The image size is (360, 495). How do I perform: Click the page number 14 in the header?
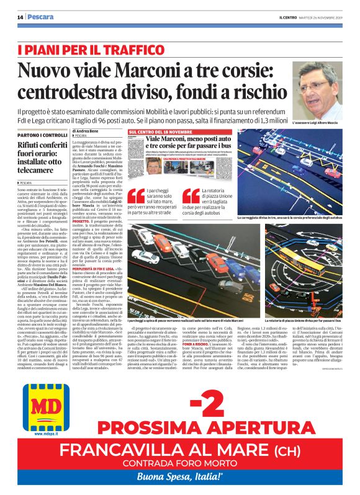(x=20, y=17)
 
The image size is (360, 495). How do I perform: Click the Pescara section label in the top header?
(x=40, y=17)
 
